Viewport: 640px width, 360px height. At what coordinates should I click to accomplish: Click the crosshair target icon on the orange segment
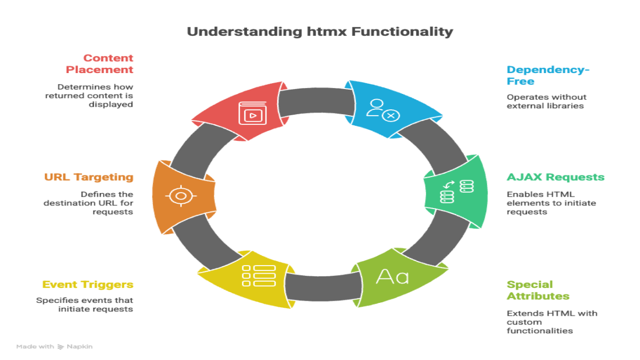[181, 196]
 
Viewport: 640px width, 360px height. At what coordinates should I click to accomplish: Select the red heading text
[99, 67]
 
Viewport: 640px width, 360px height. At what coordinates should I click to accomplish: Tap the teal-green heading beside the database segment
[555, 179]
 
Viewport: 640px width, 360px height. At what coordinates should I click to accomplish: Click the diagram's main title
[319, 31]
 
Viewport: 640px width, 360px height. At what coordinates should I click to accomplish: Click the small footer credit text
[53, 347]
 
